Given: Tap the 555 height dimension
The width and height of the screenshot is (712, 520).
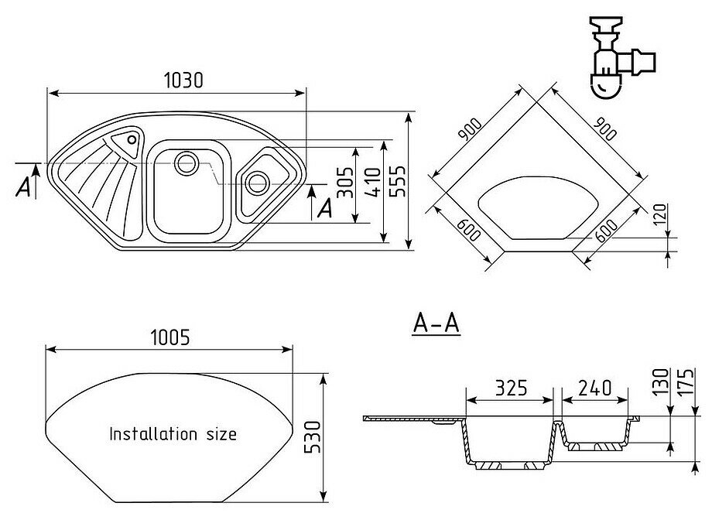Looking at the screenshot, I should pyautogui.click(x=399, y=183).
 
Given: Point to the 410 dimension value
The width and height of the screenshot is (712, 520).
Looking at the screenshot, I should pyautogui.click(x=375, y=183).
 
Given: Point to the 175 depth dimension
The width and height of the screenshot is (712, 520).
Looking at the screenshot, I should pyautogui.click(x=683, y=382).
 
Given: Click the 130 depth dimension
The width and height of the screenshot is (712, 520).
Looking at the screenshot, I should pyautogui.click(x=660, y=382).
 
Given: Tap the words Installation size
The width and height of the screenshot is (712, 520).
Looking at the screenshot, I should pyautogui.click(x=173, y=433).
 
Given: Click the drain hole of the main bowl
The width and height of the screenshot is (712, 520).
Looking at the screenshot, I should pyautogui.click(x=186, y=162).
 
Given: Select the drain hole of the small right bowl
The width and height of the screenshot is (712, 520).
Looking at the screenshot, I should pyautogui.click(x=255, y=183).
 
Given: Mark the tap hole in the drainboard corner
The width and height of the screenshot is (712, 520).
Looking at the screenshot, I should pyautogui.click(x=132, y=140).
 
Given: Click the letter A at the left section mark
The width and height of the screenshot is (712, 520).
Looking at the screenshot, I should pyautogui.click(x=24, y=186).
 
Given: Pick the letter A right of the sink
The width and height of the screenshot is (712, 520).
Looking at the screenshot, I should pyautogui.click(x=325, y=207).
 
